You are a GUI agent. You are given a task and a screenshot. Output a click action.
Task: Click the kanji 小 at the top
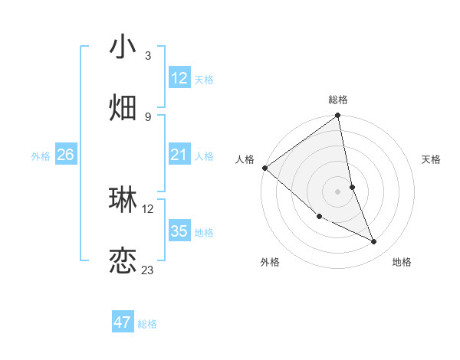pos(123,47)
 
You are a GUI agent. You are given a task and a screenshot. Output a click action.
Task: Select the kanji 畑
pos(123,107)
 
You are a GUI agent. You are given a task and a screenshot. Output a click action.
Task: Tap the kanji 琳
pos(123,199)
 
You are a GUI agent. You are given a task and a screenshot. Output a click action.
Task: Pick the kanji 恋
pos(123,261)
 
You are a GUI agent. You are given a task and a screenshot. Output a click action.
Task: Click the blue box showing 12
pos(179,78)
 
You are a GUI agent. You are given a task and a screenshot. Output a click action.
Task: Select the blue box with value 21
pos(179,155)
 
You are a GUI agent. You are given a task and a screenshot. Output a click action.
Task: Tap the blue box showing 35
pos(179,231)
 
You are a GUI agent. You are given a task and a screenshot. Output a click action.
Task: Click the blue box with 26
pos(65,155)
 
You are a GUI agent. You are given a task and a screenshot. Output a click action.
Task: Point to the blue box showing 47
pos(123,322)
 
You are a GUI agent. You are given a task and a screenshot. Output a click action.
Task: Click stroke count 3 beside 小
pos(148,55)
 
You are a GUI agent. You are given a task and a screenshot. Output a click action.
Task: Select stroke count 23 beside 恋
pos(148,270)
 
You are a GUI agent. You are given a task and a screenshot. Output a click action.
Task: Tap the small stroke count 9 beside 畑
pos(148,116)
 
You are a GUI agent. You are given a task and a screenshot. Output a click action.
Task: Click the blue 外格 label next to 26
pos(41,156)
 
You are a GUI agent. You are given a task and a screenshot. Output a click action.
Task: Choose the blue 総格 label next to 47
pos(147,324)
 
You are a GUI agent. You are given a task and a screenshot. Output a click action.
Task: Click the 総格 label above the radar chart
pos(338,100)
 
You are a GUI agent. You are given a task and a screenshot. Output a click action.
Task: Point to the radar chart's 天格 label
pos(431,159)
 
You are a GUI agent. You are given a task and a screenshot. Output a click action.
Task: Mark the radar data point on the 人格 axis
pos(264,168)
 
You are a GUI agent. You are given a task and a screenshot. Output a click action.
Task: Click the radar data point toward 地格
pos(374,242)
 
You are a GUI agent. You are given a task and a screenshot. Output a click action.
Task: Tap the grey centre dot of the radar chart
pos(338,191)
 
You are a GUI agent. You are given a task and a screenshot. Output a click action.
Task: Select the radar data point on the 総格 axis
pos(338,116)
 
